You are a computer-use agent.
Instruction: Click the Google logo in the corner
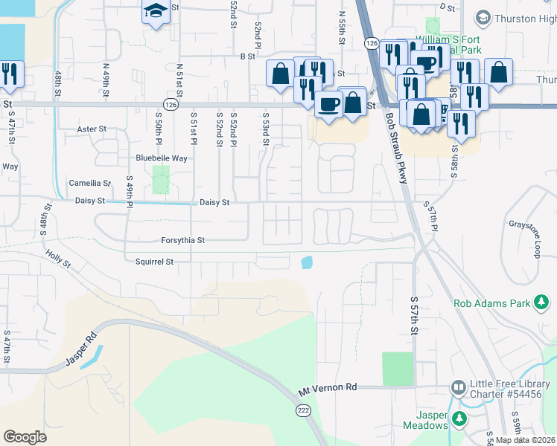click(x=25, y=437)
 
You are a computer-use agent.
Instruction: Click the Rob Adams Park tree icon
click(x=543, y=303)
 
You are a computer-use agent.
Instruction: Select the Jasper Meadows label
click(x=425, y=421)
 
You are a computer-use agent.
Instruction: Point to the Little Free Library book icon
click(x=459, y=387)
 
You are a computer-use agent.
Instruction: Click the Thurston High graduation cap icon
click(x=483, y=17)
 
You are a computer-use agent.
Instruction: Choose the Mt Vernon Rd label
click(x=328, y=388)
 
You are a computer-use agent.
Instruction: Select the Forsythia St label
click(x=182, y=240)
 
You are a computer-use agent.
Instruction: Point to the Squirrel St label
click(x=154, y=262)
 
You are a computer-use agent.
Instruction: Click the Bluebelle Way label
click(x=161, y=158)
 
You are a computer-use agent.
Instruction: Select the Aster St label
click(x=92, y=129)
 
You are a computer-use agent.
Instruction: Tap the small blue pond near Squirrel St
click(x=307, y=262)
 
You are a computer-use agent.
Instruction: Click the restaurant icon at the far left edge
click(x=10, y=73)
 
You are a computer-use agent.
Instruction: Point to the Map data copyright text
click(x=526, y=440)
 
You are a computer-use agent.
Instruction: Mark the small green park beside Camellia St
click(x=161, y=180)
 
